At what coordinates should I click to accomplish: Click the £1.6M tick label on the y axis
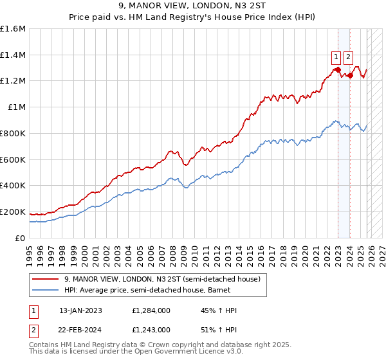tap(13, 29)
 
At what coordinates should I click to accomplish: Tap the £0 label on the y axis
tap(21, 238)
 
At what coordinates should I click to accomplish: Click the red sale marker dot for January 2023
tap(338, 69)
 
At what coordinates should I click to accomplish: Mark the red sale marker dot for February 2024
tap(350, 75)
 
